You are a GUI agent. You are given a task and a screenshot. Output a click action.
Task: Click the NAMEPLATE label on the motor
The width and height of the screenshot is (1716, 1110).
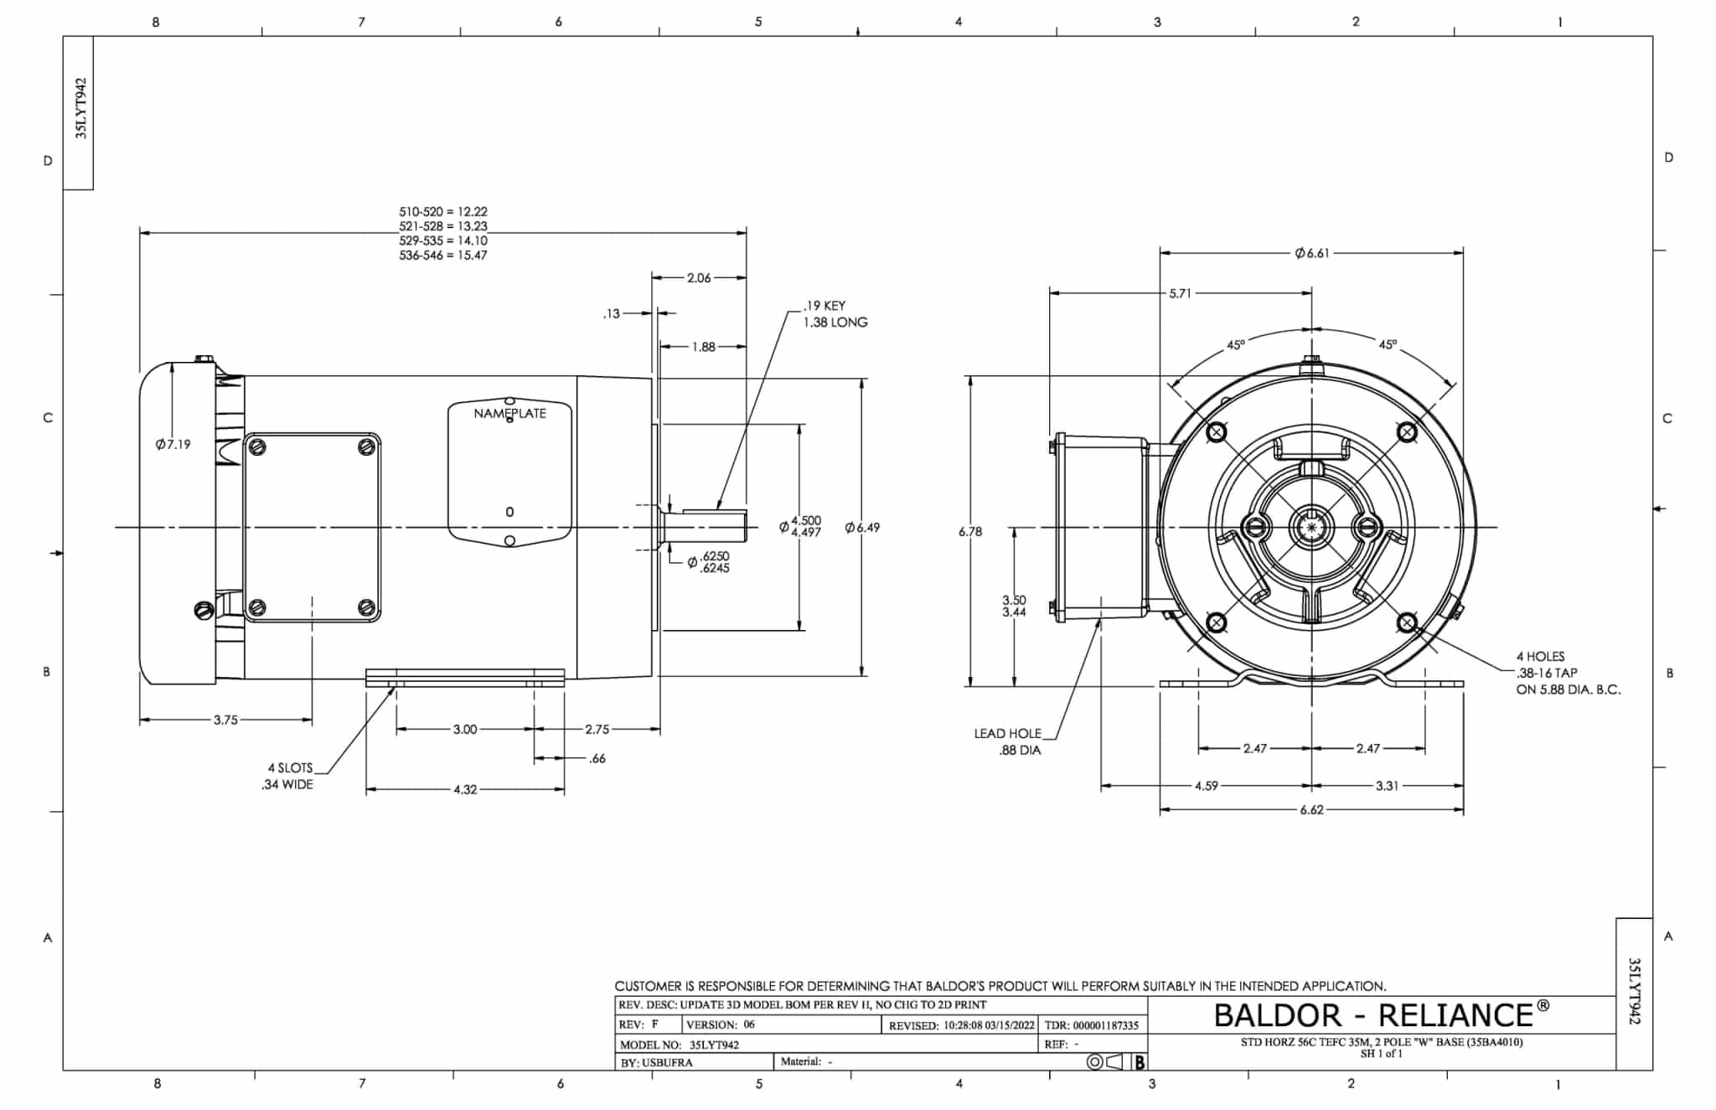tap(509, 413)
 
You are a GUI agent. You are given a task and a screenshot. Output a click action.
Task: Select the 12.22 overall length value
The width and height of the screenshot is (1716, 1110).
tap(473, 212)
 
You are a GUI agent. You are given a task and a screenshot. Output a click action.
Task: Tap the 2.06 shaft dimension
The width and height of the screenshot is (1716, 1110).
tap(699, 277)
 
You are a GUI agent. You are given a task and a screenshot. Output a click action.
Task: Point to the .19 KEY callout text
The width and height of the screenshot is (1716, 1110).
tap(824, 306)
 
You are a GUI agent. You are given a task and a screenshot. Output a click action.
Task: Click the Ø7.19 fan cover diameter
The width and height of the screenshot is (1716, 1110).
tap(173, 444)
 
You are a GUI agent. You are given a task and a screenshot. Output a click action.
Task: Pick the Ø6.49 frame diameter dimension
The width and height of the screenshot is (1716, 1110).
tap(862, 527)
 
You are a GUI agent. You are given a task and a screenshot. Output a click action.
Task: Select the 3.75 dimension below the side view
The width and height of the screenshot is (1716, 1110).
tap(225, 720)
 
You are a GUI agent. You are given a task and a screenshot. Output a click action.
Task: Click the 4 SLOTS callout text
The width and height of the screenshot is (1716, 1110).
tap(290, 767)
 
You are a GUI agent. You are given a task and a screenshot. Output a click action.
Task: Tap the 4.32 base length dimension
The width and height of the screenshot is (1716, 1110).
tap(465, 789)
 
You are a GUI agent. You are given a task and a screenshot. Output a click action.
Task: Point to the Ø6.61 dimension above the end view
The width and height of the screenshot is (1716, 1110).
tap(1312, 252)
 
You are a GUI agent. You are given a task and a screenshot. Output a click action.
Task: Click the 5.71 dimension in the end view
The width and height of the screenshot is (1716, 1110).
tap(1180, 293)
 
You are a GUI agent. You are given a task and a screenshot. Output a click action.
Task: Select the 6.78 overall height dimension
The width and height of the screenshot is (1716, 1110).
tap(970, 531)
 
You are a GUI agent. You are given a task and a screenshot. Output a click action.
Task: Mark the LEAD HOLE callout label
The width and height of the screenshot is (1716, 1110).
tap(1007, 733)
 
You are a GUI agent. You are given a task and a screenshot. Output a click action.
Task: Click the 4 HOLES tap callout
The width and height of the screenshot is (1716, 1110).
tap(1540, 656)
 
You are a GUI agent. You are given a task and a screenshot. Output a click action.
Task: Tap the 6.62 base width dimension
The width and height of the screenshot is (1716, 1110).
tap(1311, 810)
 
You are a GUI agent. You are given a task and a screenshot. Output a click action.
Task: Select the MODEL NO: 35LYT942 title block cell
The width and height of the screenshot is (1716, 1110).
tap(680, 1045)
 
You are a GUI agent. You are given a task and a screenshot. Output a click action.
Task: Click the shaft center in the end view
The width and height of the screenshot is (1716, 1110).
tap(1311, 527)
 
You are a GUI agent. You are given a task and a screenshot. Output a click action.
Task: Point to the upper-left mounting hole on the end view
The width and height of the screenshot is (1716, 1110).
tap(1216, 432)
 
